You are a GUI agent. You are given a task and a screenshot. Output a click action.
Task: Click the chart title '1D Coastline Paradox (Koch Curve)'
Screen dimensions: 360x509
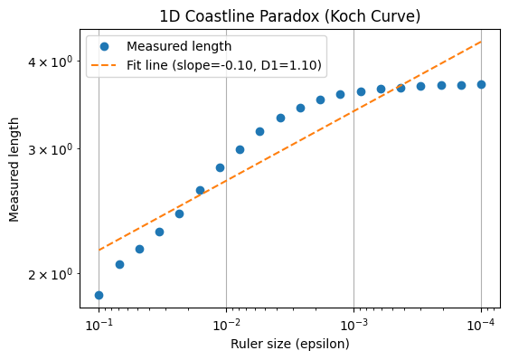coord(289,15)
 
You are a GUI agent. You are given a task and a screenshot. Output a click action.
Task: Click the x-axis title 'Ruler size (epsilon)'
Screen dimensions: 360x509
coord(289,344)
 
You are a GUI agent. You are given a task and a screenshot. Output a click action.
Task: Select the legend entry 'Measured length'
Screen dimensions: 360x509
coord(179,46)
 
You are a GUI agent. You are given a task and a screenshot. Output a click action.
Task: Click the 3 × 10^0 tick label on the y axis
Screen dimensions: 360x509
coord(53,149)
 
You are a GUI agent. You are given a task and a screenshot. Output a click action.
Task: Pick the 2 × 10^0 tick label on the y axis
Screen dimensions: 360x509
coord(53,274)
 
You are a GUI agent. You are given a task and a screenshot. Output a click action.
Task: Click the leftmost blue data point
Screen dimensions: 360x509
coord(99,295)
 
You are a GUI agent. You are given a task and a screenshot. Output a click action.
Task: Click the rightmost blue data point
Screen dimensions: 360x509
coord(481,84)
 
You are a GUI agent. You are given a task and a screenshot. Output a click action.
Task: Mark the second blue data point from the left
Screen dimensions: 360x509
coord(119,264)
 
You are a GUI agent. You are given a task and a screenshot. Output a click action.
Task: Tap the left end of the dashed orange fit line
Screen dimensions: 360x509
coord(99,250)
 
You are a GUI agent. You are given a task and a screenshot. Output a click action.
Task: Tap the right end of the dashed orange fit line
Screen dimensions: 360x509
coord(481,42)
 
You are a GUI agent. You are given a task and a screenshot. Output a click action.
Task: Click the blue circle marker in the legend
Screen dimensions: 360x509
coord(105,46)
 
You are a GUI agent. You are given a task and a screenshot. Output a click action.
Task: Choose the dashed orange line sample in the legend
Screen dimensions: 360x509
coord(105,65)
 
